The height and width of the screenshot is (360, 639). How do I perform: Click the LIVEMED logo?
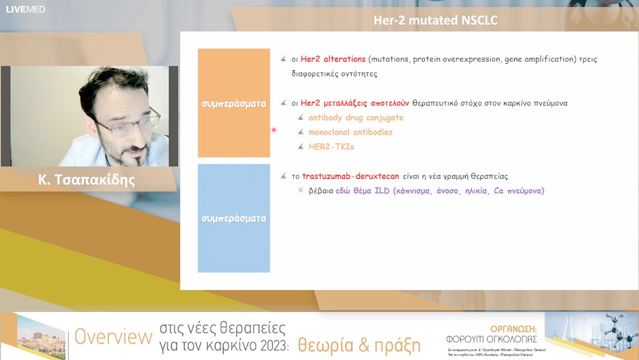(25, 9)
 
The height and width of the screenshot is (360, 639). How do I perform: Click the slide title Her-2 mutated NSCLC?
(435, 21)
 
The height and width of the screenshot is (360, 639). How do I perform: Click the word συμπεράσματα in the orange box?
(234, 104)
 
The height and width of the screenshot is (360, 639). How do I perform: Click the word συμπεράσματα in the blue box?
(234, 218)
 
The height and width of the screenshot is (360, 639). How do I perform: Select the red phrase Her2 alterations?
(333, 59)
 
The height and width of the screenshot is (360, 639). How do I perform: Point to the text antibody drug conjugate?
(356, 118)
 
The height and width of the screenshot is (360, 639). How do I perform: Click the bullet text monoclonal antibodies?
(350, 132)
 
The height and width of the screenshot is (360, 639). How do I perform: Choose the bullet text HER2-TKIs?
(331, 146)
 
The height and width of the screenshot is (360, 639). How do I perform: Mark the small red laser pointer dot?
(273, 130)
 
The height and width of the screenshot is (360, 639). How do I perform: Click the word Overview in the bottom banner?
(113, 337)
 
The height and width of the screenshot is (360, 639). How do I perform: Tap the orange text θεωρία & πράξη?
(359, 345)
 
